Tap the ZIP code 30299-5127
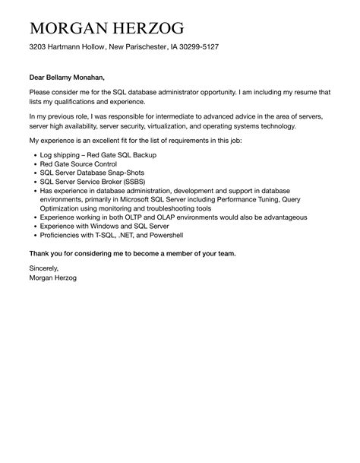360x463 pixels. click(197, 47)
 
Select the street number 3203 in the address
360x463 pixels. click(39, 47)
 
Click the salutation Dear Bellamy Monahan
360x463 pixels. click(67, 77)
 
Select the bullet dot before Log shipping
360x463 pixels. click(35, 155)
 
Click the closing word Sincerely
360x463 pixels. click(43, 268)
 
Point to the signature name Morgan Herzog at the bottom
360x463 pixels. click(52, 277)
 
